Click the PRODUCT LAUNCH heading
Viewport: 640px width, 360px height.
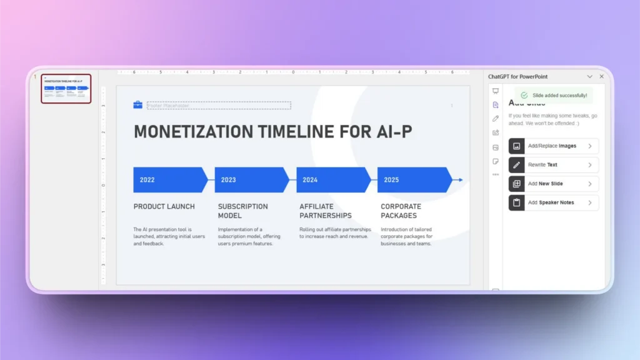[164, 206]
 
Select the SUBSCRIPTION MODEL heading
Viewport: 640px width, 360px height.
[242, 211]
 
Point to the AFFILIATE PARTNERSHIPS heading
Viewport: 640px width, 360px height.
[325, 211]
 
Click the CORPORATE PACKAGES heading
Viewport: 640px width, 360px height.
[401, 211]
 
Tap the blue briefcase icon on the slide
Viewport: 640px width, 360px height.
[138, 105]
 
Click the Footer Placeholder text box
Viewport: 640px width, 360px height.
[219, 106]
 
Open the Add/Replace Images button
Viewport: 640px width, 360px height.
[553, 146]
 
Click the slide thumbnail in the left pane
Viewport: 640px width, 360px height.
[66, 89]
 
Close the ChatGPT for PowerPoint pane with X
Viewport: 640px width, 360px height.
[602, 76]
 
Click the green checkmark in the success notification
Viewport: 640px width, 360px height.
[524, 96]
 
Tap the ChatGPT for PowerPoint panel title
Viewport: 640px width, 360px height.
[517, 76]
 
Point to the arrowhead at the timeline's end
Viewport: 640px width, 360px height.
[460, 180]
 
